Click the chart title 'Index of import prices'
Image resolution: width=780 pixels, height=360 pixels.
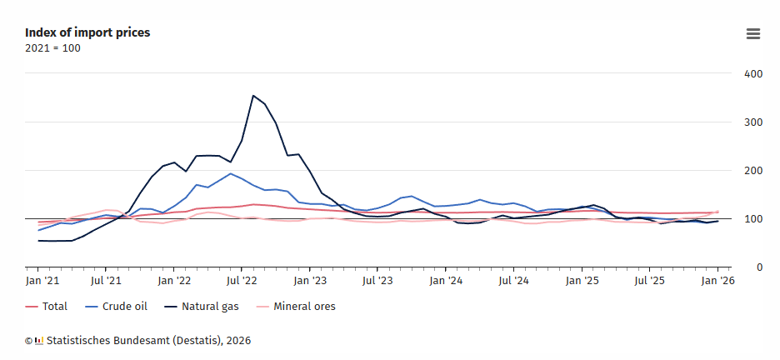click(87, 32)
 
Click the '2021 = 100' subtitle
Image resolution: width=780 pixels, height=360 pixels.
click(52, 47)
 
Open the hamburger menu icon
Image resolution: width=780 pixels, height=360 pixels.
click(753, 33)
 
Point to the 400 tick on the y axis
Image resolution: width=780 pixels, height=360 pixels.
click(753, 74)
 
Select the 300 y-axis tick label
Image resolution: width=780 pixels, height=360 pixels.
click(753, 122)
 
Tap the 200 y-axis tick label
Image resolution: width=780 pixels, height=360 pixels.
click(753, 171)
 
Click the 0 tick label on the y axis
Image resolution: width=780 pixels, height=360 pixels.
click(759, 267)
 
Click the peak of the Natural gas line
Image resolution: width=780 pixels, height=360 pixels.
click(252, 96)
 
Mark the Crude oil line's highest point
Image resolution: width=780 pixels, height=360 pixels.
click(230, 173)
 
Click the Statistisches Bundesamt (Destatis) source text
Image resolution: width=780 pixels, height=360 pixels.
click(148, 340)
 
